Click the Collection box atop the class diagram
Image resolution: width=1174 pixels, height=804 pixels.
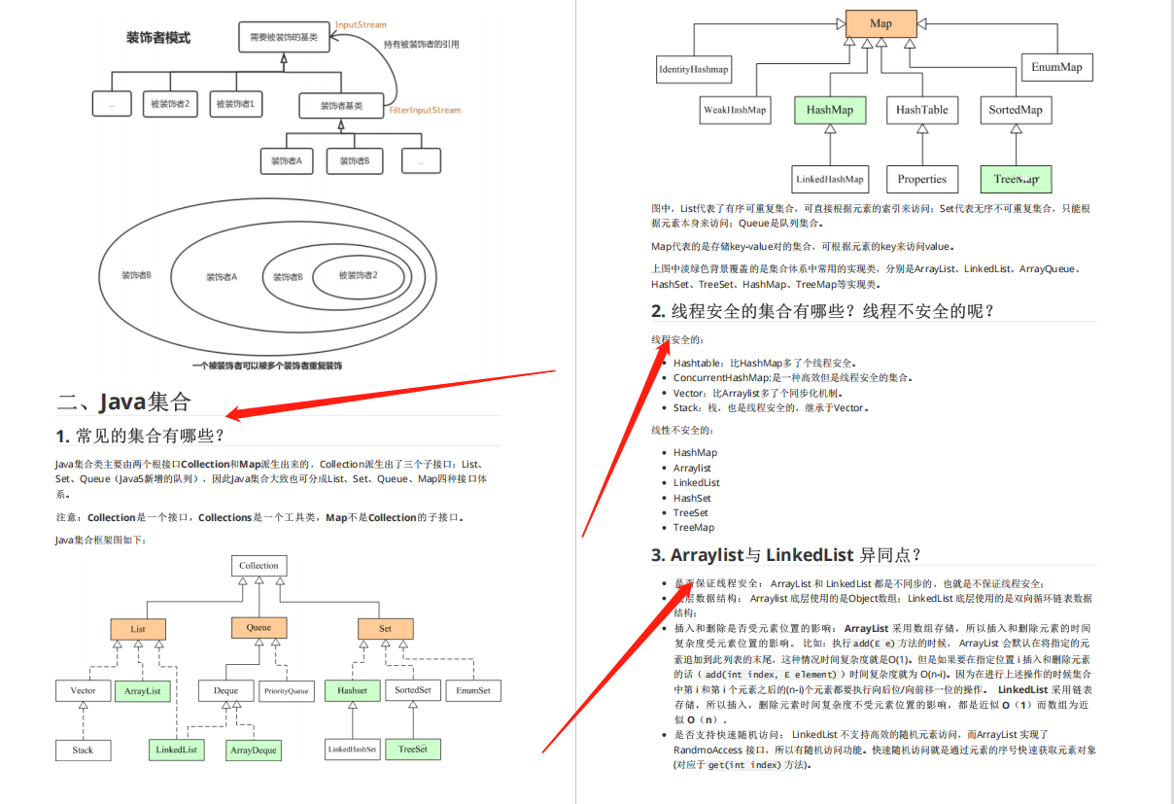click(x=259, y=565)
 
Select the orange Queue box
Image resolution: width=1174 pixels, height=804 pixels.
click(x=259, y=628)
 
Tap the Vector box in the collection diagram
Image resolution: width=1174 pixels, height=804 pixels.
click(x=84, y=691)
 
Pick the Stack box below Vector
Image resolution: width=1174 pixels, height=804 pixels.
click(x=84, y=751)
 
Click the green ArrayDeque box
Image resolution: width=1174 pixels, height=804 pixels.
click(x=253, y=751)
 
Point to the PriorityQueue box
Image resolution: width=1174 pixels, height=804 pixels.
click(x=286, y=691)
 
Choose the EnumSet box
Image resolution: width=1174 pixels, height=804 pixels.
click(x=473, y=691)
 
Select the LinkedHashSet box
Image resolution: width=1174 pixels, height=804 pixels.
click(x=352, y=751)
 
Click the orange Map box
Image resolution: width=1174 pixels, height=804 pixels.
click(x=880, y=23)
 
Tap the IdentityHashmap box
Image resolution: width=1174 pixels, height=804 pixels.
click(x=693, y=69)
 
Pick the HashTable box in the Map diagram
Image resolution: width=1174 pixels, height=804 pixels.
click(x=922, y=110)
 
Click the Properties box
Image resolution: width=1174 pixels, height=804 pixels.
click(x=922, y=179)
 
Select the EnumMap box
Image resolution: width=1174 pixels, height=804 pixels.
click(x=1056, y=67)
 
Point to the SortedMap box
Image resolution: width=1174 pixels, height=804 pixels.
click(x=1016, y=110)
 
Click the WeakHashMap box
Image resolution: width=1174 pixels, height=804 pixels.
click(x=735, y=110)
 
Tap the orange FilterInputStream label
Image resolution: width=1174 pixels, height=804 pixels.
click(x=425, y=111)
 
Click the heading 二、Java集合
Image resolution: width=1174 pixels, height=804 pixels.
click(x=124, y=402)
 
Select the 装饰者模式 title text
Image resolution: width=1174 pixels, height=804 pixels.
click(x=158, y=38)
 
